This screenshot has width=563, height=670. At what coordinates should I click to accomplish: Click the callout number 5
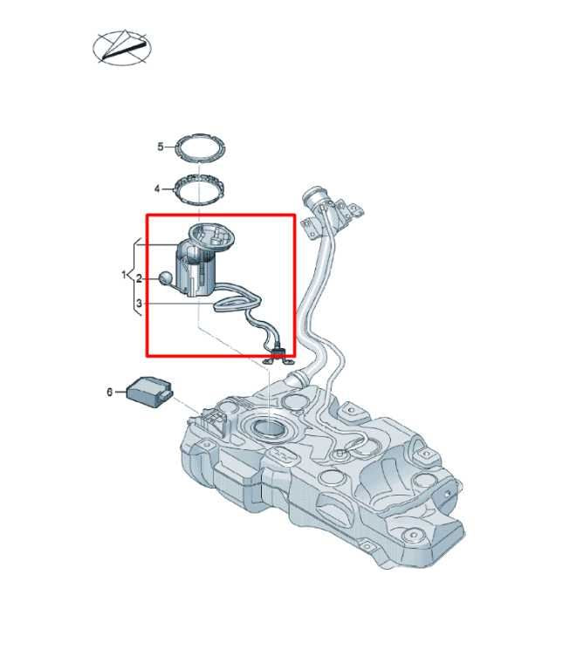(x=161, y=147)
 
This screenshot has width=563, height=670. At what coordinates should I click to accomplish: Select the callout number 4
(x=157, y=188)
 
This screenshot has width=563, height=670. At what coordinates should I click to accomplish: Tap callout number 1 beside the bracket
(x=124, y=276)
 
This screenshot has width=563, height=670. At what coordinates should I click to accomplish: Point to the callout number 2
(x=139, y=278)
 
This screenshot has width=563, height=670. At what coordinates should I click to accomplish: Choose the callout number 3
(x=139, y=304)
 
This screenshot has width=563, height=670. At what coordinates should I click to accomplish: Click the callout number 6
(x=110, y=393)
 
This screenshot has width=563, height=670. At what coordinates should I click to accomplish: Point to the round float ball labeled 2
(x=165, y=278)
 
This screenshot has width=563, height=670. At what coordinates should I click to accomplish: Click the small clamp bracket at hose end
(x=278, y=356)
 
